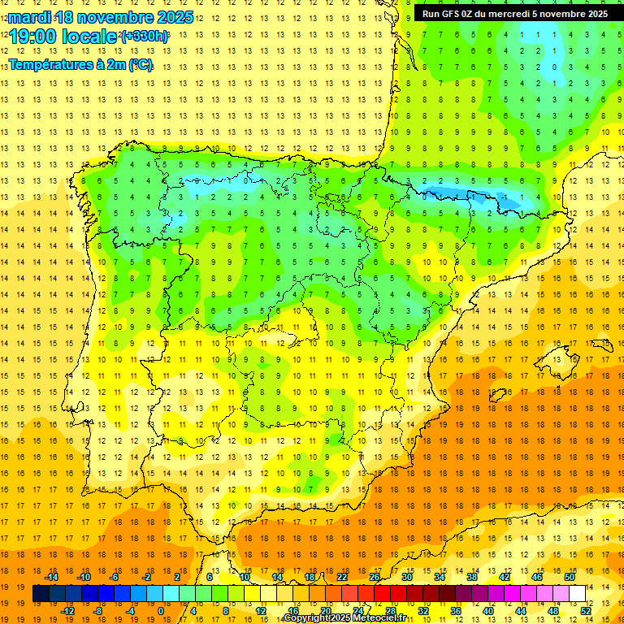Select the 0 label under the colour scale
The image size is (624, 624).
point(161,611)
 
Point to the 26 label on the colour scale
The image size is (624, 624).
point(374,577)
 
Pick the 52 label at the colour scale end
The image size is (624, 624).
point(586,611)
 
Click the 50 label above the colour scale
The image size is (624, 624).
point(570,577)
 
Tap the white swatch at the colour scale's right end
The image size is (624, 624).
point(577,594)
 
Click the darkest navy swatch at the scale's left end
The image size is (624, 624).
point(41,594)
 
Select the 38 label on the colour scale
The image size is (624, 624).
point(471,577)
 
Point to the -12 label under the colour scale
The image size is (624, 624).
point(67,611)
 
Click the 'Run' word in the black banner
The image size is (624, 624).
point(432,14)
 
